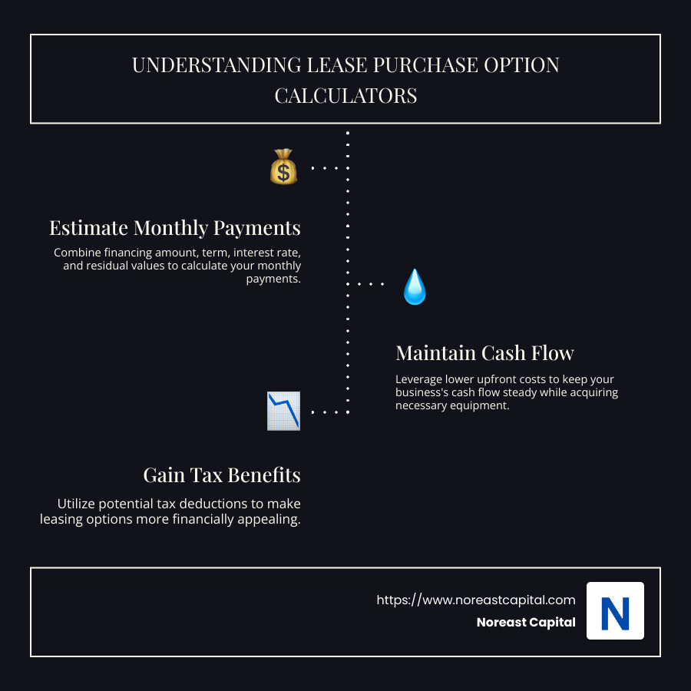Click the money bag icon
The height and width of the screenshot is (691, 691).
click(283, 167)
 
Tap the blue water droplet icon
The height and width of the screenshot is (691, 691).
click(415, 287)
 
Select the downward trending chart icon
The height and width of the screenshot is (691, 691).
click(283, 411)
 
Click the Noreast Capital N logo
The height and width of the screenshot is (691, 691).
click(615, 611)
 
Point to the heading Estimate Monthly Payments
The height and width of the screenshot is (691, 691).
click(175, 228)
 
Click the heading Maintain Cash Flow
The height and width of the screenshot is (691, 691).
click(484, 353)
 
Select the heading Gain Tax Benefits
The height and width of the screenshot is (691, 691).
click(222, 475)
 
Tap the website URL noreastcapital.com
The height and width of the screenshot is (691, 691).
click(476, 600)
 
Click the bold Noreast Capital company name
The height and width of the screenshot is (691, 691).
click(526, 623)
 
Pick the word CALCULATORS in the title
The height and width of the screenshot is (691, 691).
click(345, 95)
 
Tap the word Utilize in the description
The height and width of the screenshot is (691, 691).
click(77, 504)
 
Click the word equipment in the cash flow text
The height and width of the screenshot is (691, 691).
click(480, 405)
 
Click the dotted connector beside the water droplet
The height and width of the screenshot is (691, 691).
click(371, 284)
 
